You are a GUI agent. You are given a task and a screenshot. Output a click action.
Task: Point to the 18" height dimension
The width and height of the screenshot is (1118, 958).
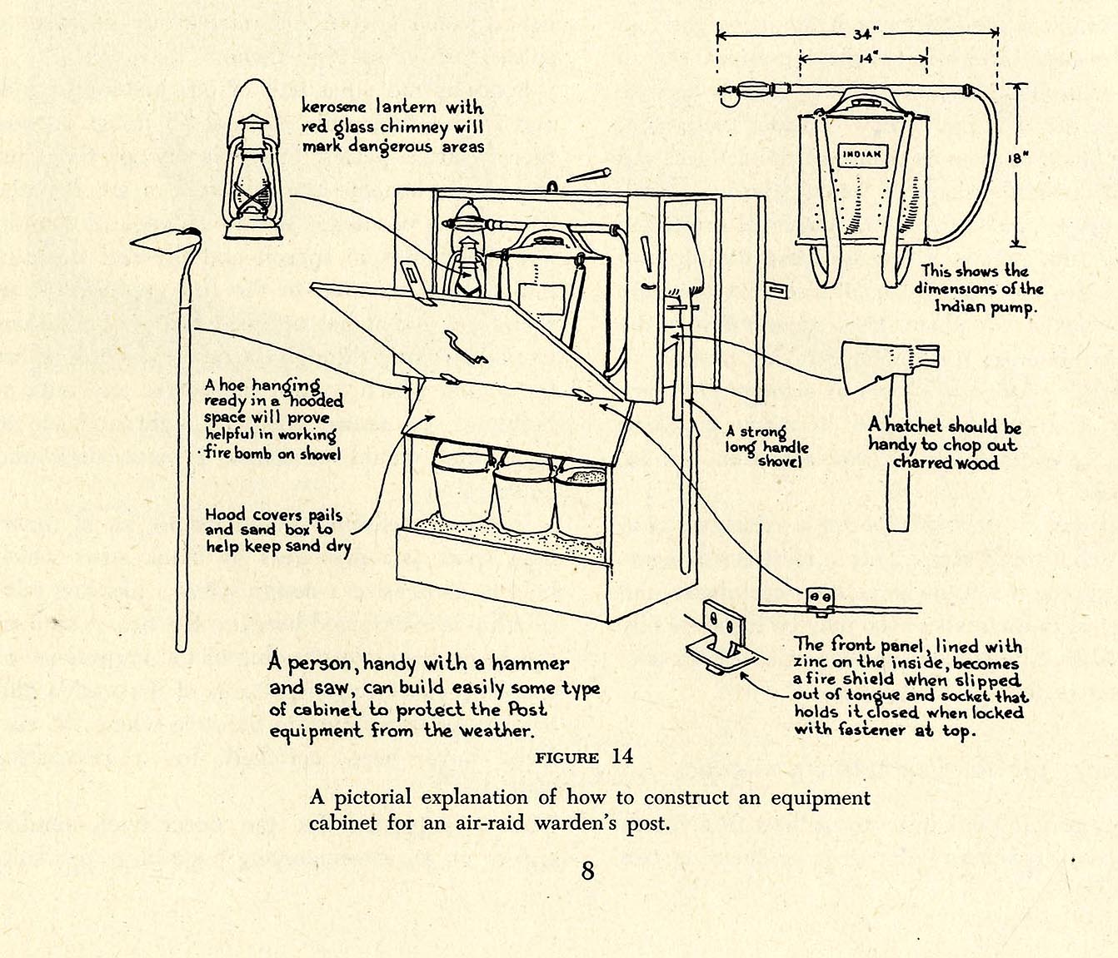[x=1021, y=158]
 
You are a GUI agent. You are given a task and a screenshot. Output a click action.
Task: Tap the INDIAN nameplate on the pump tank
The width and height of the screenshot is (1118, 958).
[x=865, y=154]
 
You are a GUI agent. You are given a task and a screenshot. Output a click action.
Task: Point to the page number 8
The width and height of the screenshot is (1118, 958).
[x=588, y=871]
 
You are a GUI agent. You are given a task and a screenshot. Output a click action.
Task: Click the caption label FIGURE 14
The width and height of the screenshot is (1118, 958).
[x=583, y=757]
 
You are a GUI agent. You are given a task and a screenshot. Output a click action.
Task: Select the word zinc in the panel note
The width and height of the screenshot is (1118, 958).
[x=813, y=663]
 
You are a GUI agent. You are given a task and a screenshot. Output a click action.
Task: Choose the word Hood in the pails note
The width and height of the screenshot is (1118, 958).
[x=226, y=514]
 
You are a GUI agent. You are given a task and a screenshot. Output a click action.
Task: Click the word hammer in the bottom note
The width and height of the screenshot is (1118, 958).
[x=530, y=664]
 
